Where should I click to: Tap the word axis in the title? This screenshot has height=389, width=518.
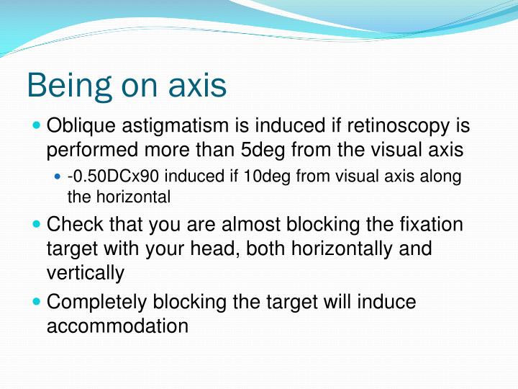195,86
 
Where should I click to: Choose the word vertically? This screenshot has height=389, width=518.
86,273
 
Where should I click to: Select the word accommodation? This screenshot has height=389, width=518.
117,326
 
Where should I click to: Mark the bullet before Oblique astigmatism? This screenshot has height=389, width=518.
37,127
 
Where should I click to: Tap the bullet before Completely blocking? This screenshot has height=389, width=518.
37,301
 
